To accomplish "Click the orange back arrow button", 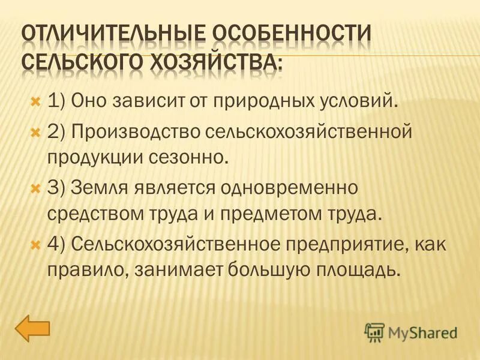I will click(32, 329).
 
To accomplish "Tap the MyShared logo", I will click(411, 331).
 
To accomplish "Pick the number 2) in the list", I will click(56, 131).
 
